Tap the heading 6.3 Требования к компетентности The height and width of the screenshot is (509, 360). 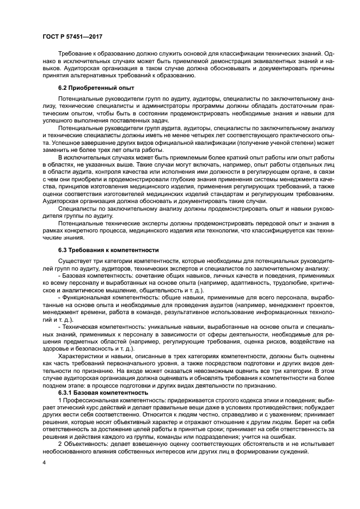(x=108, y=250)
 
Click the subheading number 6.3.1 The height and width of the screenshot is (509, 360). (x=68, y=392)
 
